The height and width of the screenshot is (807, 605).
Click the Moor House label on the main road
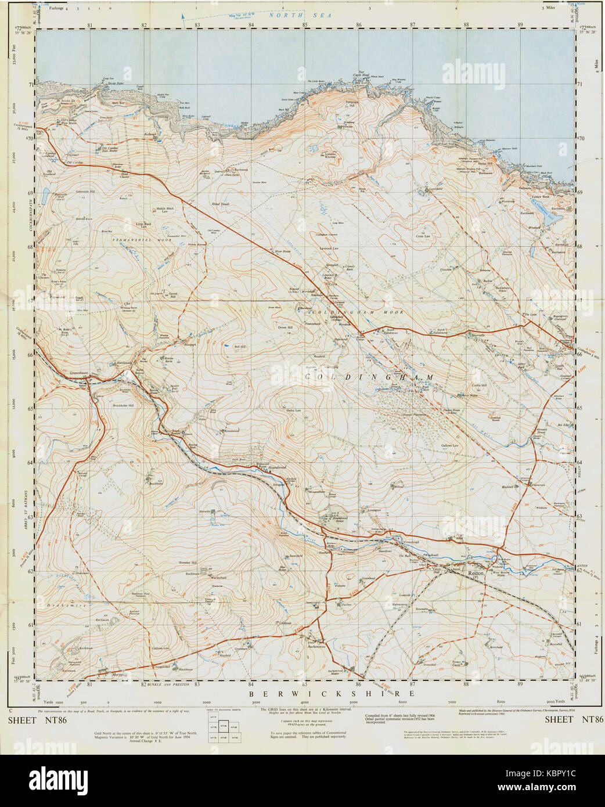tap(282, 251)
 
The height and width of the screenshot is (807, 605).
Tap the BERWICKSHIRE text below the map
tap(332, 694)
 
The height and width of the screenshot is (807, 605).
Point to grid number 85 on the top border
tap(305, 25)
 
